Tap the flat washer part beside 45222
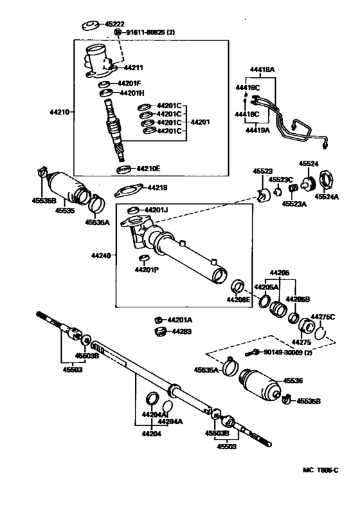pyautogui.click(x=90, y=26)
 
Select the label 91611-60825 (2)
pyautogui.click(x=149, y=31)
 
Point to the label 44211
pyautogui.click(x=134, y=67)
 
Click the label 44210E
pyautogui.click(x=148, y=169)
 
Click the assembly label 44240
pyautogui.click(x=101, y=255)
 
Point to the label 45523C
pyautogui.click(x=281, y=180)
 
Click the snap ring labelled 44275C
pyautogui.click(x=328, y=333)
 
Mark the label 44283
pyautogui.click(x=180, y=331)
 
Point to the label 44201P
pyautogui.click(x=147, y=270)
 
